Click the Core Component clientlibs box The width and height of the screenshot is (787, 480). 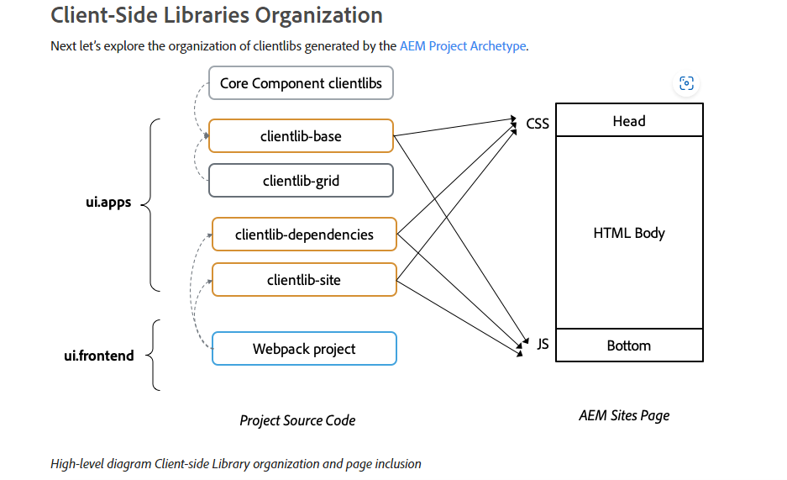tap(301, 83)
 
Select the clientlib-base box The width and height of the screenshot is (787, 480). tap(301, 135)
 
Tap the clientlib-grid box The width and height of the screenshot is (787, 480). tap(301, 180)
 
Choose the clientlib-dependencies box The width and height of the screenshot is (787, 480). tap(304, 234)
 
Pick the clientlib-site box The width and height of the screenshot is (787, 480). tap(304, 280)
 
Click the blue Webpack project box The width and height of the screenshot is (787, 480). tap(304, 349)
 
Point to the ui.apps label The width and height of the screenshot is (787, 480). tap(108, 203)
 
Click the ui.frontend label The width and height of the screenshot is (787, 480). tap(99, 356)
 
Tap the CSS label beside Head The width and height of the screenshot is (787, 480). tap(538, 124)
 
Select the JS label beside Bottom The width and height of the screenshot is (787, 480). tap(543, 344)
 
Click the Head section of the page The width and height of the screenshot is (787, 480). tap(629, 119)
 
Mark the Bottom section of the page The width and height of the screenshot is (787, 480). tap(629, 345)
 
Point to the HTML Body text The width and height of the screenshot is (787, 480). tap(629, 233)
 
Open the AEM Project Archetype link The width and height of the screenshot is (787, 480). tap(463, 45)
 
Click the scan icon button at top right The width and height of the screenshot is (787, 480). tap(686, 83)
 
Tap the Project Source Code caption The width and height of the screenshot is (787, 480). tap(297, 420)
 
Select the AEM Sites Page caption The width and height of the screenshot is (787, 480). tap(624, 415)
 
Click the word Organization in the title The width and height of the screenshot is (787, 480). tap(318, 15)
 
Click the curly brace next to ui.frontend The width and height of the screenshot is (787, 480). tap(153, 355)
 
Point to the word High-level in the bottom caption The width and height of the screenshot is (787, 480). tap(76, 463)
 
